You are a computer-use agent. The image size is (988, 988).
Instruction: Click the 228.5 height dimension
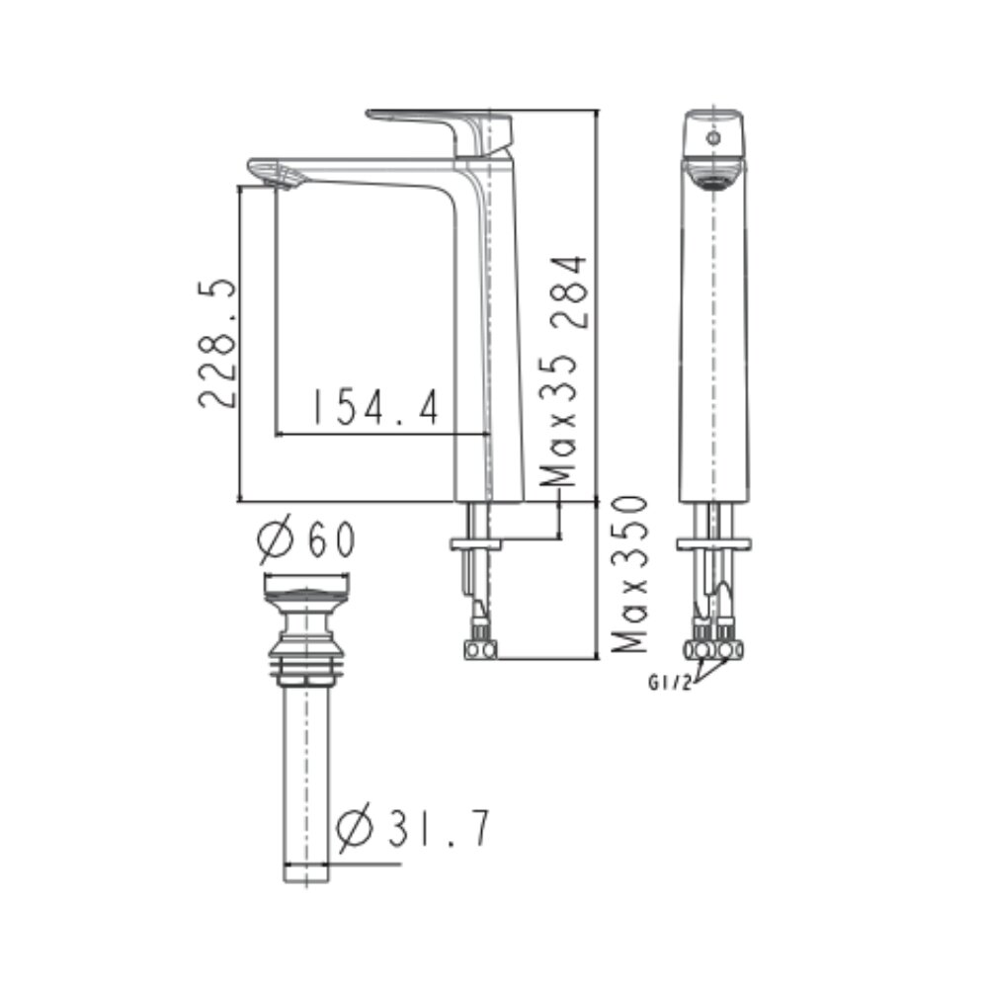point(218,343)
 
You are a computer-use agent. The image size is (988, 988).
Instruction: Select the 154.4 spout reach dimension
point(374,406)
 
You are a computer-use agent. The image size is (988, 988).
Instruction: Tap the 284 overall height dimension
point(570,293)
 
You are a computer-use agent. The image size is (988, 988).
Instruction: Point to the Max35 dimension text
point(561,420)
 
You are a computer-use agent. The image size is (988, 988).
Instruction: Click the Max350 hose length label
point(629,574)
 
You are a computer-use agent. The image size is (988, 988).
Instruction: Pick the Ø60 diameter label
point(305,539)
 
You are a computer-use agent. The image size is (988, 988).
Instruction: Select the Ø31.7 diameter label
point(413,830)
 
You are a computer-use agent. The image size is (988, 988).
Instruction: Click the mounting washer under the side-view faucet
point(475,543)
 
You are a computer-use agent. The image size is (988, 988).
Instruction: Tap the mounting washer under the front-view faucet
point(713,543)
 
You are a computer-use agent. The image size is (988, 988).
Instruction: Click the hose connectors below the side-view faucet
point(480,648)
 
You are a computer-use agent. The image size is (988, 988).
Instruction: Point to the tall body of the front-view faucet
point(714,346)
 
